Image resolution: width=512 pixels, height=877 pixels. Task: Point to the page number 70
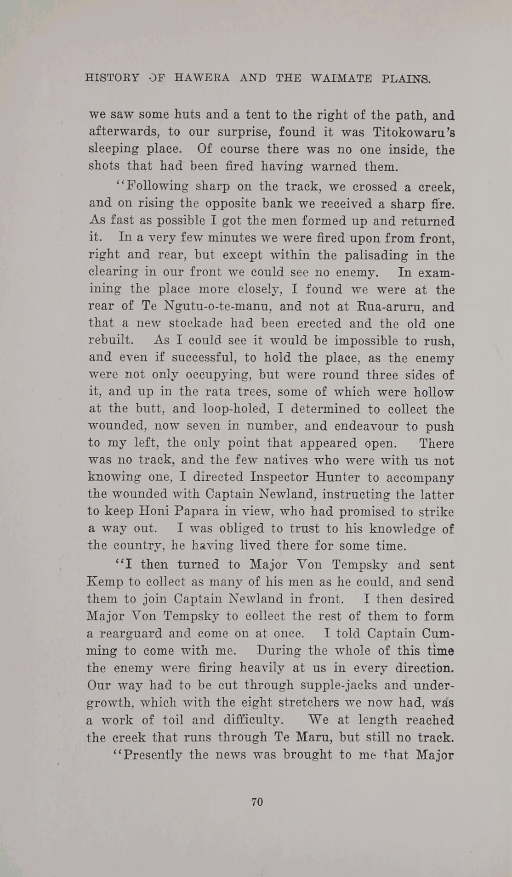[257, 802]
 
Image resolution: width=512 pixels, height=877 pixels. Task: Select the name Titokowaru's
[414, 132]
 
